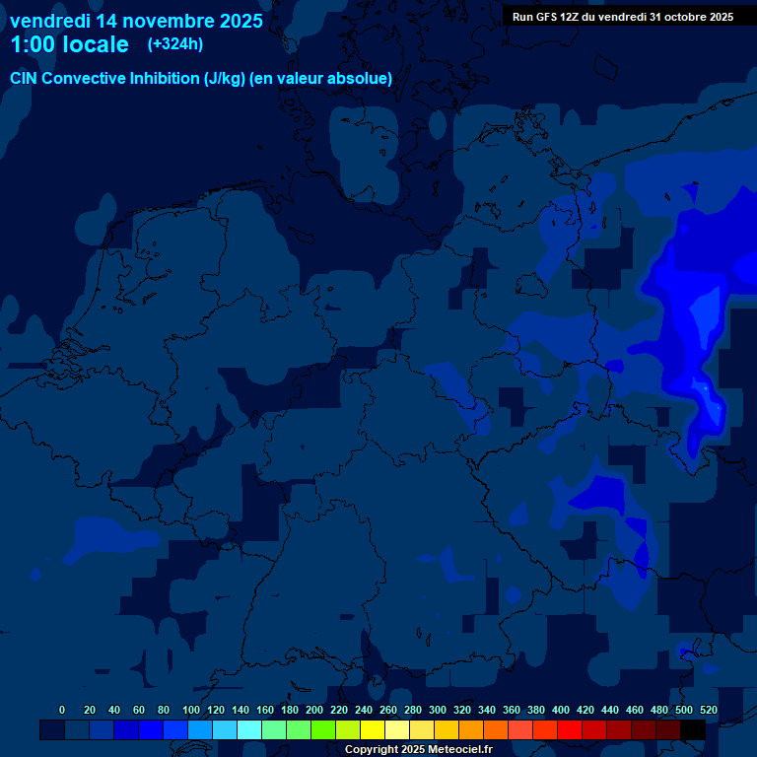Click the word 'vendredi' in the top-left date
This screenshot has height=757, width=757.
(x=49, y=20)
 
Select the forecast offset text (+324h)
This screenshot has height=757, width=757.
(x=175, y=44)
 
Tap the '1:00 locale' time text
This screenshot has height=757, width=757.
(x=69, y=44)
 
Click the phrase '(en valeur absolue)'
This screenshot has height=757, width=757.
(x=321, y=79)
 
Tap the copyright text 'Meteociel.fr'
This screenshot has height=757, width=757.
(x=459, y=749)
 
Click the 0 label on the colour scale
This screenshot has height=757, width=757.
(x=62, y=710)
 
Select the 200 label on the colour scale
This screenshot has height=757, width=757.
(x=314, y=710)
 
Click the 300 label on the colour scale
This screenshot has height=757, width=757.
(x=438, y=710)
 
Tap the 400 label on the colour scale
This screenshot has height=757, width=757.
(x=561, y=710)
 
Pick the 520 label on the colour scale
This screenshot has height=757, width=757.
(x=708, y=710)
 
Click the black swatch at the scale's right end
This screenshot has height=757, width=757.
(x=693, y=729)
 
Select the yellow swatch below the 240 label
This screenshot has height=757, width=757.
(x=373, y=729)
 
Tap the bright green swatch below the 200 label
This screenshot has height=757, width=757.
(x=323, y=729)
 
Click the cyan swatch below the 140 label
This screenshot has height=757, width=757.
(x=249, y=729)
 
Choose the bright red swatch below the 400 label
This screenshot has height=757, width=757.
(x=570, y=729)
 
